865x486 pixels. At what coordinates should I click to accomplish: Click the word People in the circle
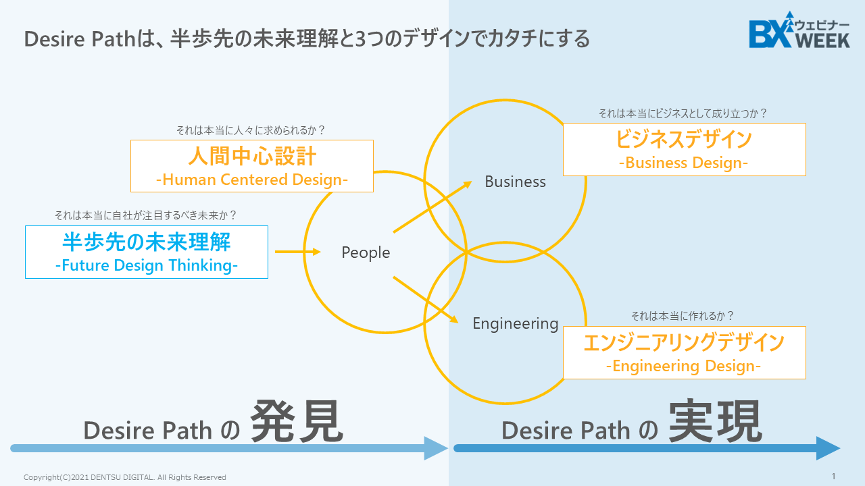pyautogui.click(x=366, y=252)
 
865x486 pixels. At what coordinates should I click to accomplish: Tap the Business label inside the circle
pyautogui.click(x=515, y=182)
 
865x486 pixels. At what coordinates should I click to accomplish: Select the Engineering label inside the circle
pyautogui.click(x=515, y=323)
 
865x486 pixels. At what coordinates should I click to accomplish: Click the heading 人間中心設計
pyautogui.click(x=251, y=157)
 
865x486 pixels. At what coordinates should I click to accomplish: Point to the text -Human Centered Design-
pyautogui.click(x=251, y=180)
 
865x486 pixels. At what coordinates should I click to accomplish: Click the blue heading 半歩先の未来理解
pyautogui.click(x=146, y=242)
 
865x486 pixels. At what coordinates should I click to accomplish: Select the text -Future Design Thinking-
pyautogui.click(x=146, y=265)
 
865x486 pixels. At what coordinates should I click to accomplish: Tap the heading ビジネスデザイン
pyautogui.click(x=684, y=140)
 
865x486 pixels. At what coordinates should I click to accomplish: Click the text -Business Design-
pyautogui.click(x=684, y=163)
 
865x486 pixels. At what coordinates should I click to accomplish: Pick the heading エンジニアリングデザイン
pyautogui.click(x=684, y=343)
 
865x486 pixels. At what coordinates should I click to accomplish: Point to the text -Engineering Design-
pyautogui.click(x=684, y=366)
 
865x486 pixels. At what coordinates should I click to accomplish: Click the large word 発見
pyautogui.click(x=297, y=423)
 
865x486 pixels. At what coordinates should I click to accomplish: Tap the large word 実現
pyautogui.click(x=716, y=422)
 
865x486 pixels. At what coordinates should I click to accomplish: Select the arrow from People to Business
pyautogui.click(x=432, y=207)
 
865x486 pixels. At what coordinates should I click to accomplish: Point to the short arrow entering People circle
pyautogui.click(x=297, y=252)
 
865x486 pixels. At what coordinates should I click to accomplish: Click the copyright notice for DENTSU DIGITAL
pyautogui.click(x=125, y=477)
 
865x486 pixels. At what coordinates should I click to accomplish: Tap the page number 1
pyautogui.click(x=833, y=476)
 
